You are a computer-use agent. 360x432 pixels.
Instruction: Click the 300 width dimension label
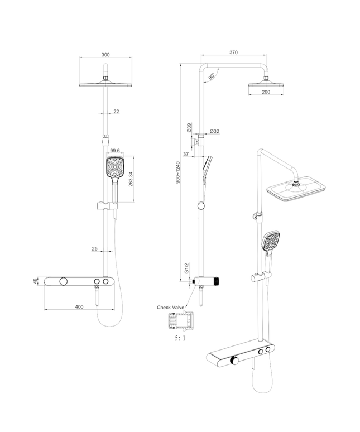[105, 54]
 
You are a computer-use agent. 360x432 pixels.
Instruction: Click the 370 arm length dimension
[233, 52]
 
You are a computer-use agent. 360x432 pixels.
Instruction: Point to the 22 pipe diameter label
[116, 112]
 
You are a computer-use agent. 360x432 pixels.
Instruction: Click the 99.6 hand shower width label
[116, 151]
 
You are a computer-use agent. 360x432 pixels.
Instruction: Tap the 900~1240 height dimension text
[177, 172]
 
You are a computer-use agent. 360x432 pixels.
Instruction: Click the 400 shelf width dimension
[79, 306]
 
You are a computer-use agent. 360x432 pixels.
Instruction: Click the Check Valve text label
[170, 307]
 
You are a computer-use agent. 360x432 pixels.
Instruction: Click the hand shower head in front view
[115, 168]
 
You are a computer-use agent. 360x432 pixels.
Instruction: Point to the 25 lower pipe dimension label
[95, 249]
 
